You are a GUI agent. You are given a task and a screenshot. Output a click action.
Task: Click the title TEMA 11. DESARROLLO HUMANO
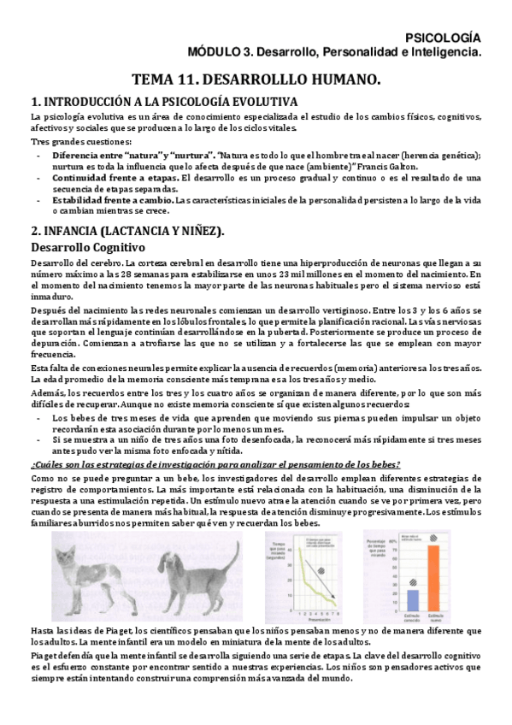[x=256, y=80]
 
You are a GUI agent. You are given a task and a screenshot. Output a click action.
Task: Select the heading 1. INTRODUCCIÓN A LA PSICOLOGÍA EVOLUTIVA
[x=162, y=101]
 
